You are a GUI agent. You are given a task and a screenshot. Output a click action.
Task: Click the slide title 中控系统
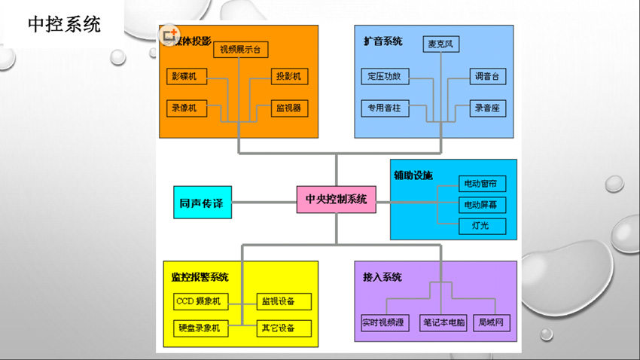(64, 24)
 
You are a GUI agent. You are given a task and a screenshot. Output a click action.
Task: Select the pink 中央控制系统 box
(336, 200)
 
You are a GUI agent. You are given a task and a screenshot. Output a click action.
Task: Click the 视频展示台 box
(241, 50)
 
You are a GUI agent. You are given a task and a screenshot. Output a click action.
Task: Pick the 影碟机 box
(187, 77)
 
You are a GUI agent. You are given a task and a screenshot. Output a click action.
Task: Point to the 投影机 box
(290, 77)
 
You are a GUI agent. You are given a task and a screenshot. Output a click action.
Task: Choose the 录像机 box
(187, 108)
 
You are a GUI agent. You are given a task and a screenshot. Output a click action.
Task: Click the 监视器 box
(290, 108)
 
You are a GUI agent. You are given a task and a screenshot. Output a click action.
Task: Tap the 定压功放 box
(384, 77)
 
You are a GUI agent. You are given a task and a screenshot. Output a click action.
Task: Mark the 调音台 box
(487, 77)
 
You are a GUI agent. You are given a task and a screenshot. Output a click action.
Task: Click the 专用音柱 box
(384, 108)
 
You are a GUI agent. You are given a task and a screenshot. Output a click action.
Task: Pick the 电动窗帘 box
(483, 184)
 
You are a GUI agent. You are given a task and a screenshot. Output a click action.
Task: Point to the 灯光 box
(483, 226)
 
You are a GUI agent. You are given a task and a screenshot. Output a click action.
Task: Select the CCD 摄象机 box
(198, 302)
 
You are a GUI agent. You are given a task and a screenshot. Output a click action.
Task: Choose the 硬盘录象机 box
(198, 328)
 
